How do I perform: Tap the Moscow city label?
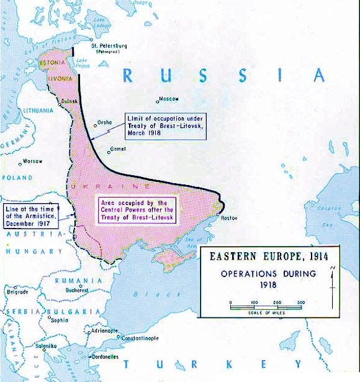tap(169, 99)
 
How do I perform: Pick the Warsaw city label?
tap(32, 161)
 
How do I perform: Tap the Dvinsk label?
tap(70, 101)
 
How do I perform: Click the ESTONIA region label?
tap(51, 63)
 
